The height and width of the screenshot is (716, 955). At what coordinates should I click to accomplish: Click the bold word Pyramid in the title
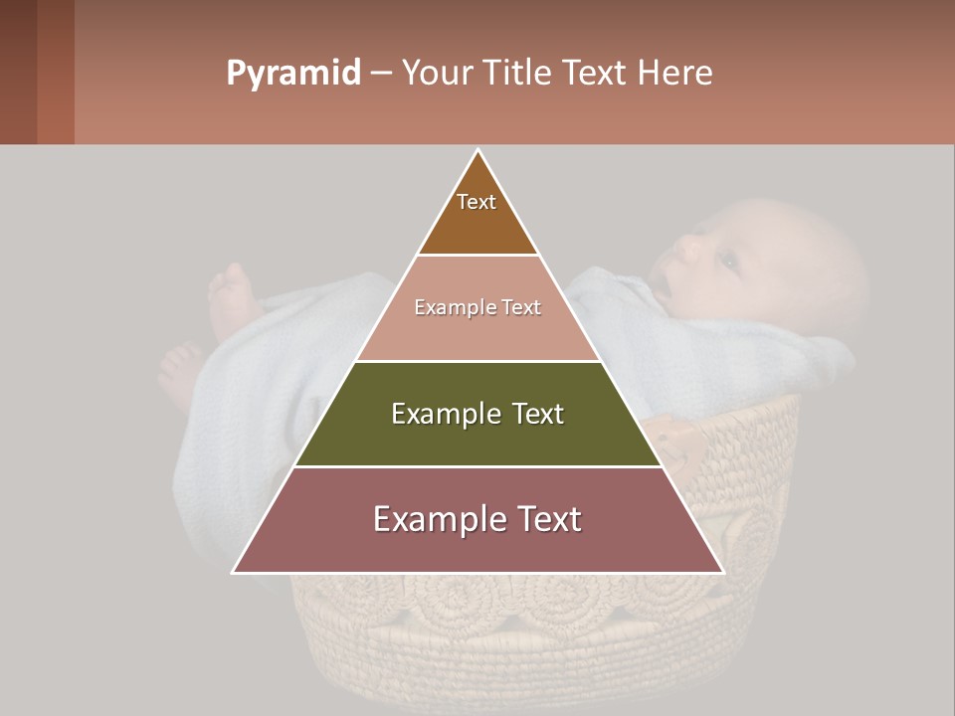(292, 74)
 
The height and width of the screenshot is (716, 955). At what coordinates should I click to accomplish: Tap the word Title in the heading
(521, 74)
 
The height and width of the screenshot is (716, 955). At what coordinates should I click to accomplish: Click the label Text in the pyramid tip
(477, 202)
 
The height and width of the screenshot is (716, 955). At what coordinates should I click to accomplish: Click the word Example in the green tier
(443, 414)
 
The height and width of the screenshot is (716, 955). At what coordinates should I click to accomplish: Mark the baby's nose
(686, 248)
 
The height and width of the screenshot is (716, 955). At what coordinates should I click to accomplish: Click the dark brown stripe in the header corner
(18, 72)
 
